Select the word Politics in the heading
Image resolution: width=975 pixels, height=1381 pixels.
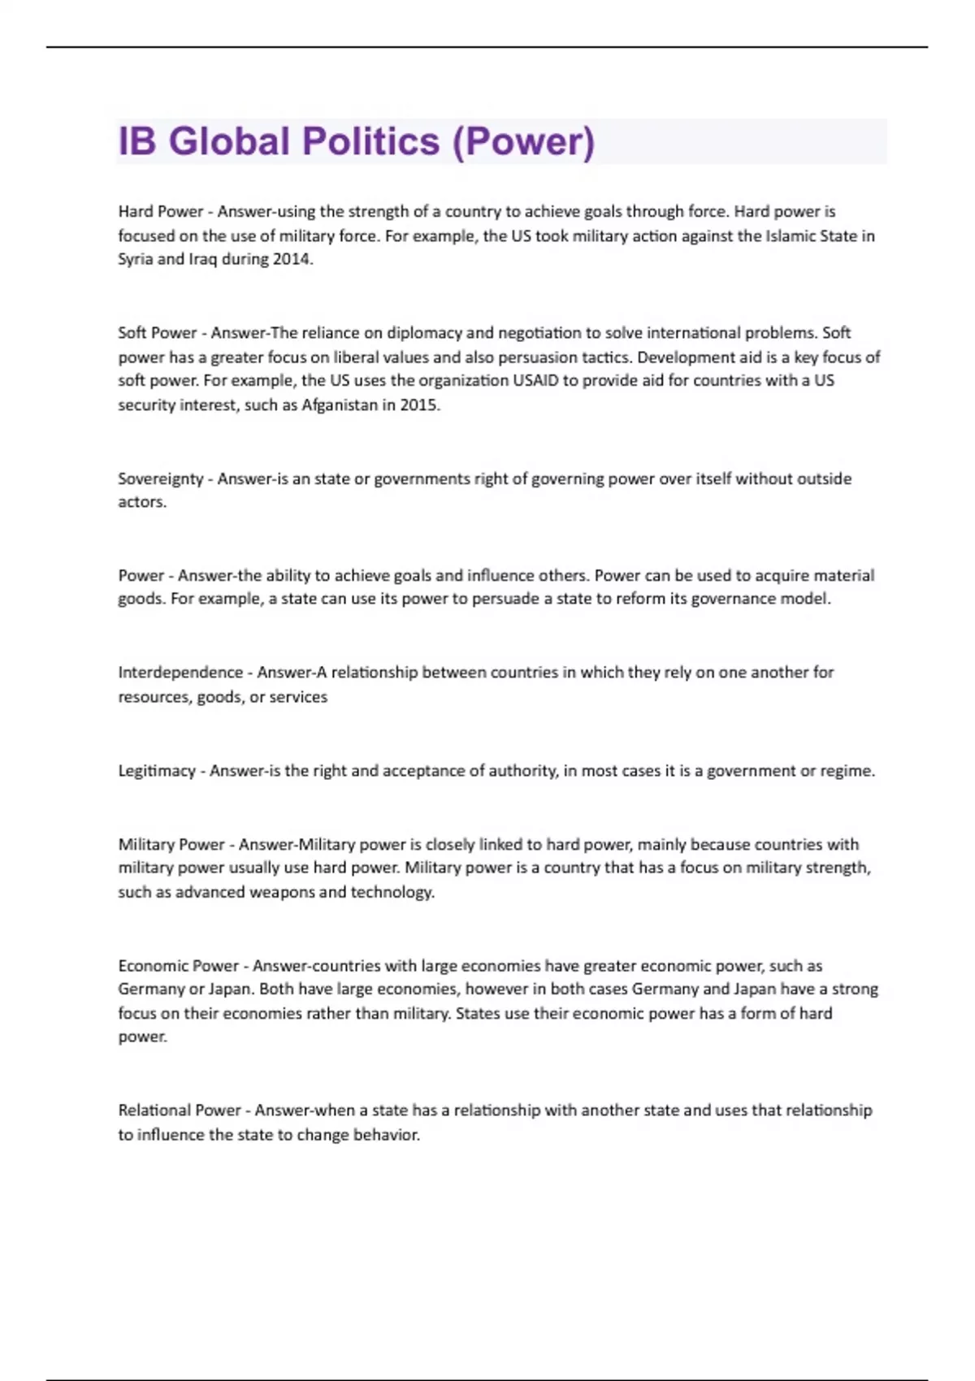pyautogui.click(x=370, y=141)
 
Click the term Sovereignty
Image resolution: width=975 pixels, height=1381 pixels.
pyautogui.click(x=160, y=479)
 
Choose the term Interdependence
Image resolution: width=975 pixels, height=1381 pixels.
pyautogui.click(x=180, y=673)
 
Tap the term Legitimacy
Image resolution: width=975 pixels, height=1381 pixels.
pyautogui.click(x=157, y=771)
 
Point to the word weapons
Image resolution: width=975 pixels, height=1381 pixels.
pyautogui.click(x=281, y=892)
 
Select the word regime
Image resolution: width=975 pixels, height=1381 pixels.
pyautogui.click(x=847, y=771)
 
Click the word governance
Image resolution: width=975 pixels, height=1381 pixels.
pyautogui.click(x=734, y=600)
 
